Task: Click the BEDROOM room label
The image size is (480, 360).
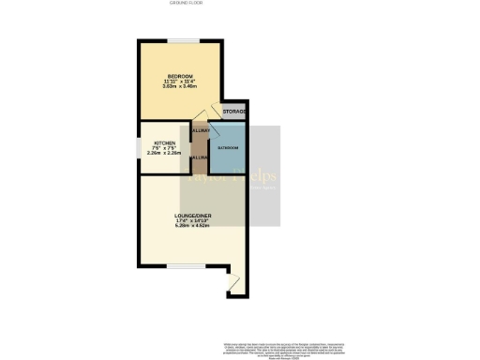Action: tap(180, 76)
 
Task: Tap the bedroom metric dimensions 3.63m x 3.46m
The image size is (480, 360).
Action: tap(180, 87)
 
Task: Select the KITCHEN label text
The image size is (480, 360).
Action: tap(164, 142)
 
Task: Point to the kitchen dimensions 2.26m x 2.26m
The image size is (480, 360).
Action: tap(164, 154)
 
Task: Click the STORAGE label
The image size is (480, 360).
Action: tap(235, 112)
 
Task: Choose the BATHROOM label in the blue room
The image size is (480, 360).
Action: tap(229, 148)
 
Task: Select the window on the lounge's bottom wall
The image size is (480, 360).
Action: tap(180, 265)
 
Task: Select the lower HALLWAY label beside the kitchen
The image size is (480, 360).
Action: tap(199, 157)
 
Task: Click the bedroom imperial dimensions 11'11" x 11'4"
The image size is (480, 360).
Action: tap(180, 82)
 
